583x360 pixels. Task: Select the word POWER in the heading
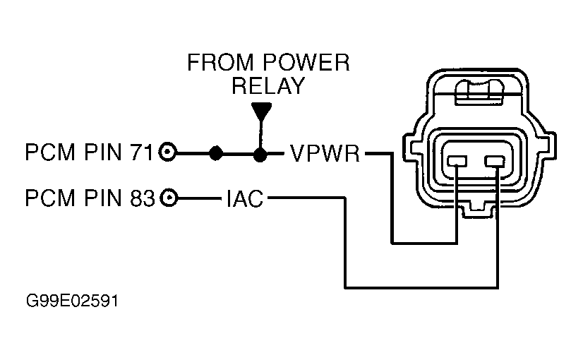[308, 64]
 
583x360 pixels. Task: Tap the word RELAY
[268, 86]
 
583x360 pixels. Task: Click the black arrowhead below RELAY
[261, 112]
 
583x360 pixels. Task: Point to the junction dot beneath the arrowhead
[261, 153]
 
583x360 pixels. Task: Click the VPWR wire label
[324, 153]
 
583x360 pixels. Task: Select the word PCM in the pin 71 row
[47, 153]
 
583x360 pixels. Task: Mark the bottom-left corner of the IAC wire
[347, 287]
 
